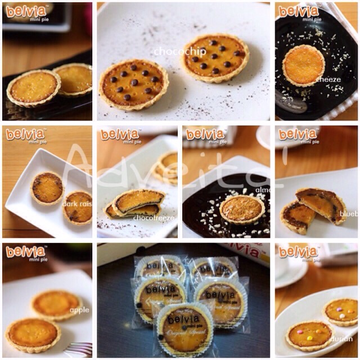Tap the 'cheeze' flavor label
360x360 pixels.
[328, 79]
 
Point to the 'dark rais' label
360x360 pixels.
[77, 204]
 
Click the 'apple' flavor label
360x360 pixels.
[79, 310]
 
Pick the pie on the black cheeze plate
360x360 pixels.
[303, 65]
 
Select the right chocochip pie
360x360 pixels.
[215, 57]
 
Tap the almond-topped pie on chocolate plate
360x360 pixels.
[242, 209]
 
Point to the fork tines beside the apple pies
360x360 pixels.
[80, 349]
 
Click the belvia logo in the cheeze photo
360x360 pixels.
[299, 11]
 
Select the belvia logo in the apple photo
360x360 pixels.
[25, 251]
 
